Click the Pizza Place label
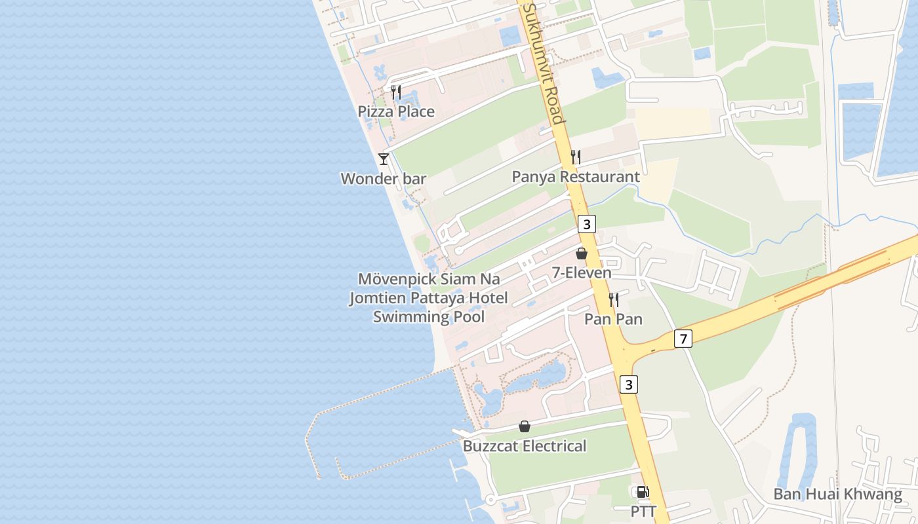click(x=396, y=111)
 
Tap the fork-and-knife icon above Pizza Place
click(x=396, y=92)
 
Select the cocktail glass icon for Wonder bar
click(x=384, y=159)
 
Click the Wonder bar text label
click(x=384, y=179)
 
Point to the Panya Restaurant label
click(x=576, y=177)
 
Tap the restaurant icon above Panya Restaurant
click(x=576, y=157)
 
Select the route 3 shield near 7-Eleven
click(x=587, y=224)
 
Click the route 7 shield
click(x=683, y=339)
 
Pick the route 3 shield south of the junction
click(x=629, y=384)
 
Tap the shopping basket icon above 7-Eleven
click(x=582, y=253)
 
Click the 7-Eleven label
click(x=582, y=273)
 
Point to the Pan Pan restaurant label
click(x=613, y=320)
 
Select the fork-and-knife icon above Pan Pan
click(x=614, y=300)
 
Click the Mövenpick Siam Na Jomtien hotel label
click(x=429, y=298)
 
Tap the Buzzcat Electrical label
click(x=525, y=447)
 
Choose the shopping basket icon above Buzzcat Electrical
click(x=525, y=426)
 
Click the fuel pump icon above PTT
click(x=643, y=492)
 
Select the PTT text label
click(x=643, y=512)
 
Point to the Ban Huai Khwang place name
click(x=837, y=495)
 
